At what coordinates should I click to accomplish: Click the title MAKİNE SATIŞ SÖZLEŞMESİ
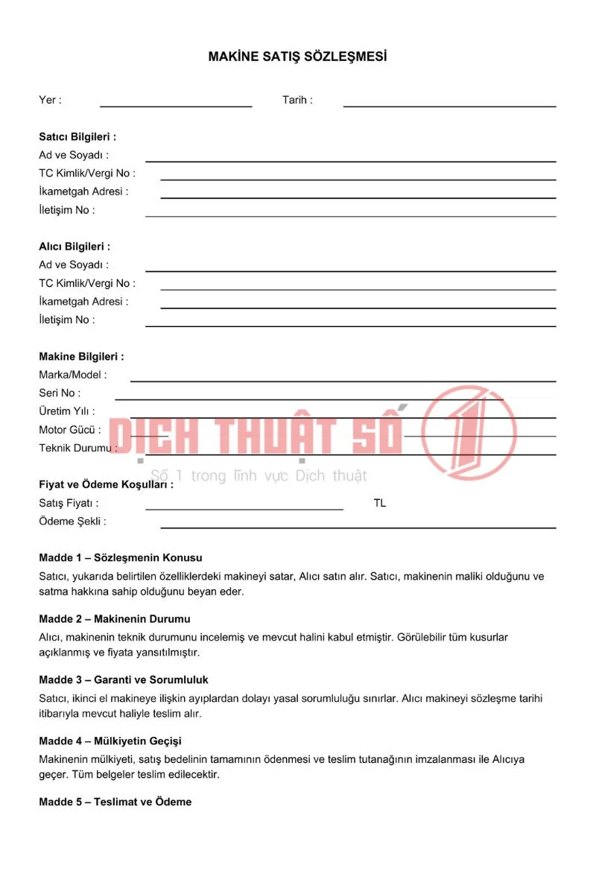[x=297, y=57]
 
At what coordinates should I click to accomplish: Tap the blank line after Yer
[x=176, y=105]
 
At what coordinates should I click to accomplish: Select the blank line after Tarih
[x=449, y=105]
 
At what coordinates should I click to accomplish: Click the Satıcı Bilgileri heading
[x=77, y=137]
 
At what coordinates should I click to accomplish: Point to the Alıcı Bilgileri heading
[x=74, y=247]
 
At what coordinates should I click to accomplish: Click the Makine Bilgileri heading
[x=81, y=357]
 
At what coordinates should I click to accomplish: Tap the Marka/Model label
[x=73, y=375]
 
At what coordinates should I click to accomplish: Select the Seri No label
[x=60, y=393]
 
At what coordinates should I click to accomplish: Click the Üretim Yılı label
[x=67, y=411]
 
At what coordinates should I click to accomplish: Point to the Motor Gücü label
[x=70, y=430]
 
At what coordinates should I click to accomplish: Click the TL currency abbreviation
[x=380, y=504]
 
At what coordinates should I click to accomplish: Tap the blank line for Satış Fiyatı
[x=244, y=508]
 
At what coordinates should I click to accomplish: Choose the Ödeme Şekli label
[x=72, y=521]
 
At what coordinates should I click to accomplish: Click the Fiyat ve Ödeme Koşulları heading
[x=106, y=484]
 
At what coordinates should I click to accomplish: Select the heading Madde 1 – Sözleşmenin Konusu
[x=121, y=557]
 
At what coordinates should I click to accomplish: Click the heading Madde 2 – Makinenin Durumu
[x=115, y=619]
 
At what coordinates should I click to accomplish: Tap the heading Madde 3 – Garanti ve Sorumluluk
[x=124, y=680]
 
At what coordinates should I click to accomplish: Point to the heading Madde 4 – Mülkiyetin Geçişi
[x=110, y=741]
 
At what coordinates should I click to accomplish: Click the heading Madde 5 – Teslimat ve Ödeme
[x=115, y=802]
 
